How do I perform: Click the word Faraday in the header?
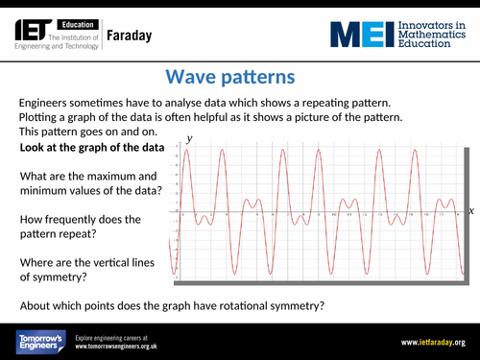click(x=128, y=36)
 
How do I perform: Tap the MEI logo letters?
click(x=361, y=36)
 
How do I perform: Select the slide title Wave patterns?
click(x=229, y=76)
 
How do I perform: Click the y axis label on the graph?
click(x=190, y=139)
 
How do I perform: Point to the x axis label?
click(x=471, y=211)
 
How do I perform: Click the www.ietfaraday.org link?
click(x=432, y=343)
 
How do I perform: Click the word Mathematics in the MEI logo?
click(x=436, y=35)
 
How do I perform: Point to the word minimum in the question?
click(x=47, y=191)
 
